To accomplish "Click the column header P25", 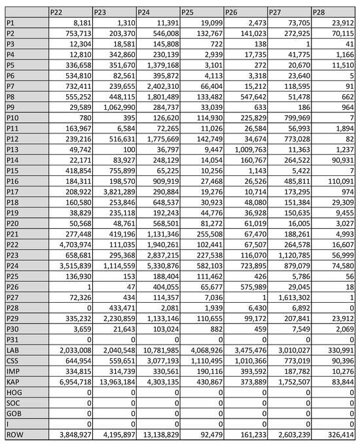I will coord(201,12).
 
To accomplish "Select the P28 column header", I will coord(333,12).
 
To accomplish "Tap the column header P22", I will coord(69,12).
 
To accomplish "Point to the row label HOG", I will coord(26,392).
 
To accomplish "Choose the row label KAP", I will coord(26,381).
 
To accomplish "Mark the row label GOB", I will coord(26,412).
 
